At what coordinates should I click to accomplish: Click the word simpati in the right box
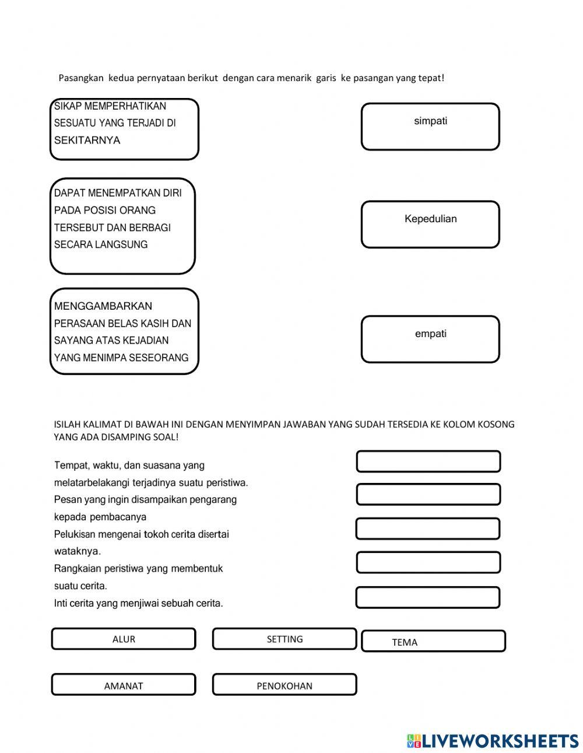tap(430, 121)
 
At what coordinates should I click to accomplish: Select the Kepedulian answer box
tap(430, 224)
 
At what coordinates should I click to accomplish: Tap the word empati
tap(430, 334)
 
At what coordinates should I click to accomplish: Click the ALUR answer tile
tap(124, 639)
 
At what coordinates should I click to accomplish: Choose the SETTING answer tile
tap(285, 639)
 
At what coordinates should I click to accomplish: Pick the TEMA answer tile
tap(433, 641)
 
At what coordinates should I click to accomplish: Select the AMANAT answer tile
tap(124, 685)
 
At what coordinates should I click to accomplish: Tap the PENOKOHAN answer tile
tap(285, 685)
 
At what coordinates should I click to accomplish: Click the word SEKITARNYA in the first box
tap(87, 140)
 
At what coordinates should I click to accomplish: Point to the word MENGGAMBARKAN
tap(103, 306)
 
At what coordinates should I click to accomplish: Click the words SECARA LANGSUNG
tap(101, 245)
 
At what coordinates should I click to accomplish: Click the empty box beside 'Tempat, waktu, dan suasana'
tap(429, 461)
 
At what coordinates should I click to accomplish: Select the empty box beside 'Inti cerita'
tap(428, 597)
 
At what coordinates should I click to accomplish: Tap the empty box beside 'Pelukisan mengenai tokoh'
tap(428, 528)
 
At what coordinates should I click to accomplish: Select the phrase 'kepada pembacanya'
tap(100, 517)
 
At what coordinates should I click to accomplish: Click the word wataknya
tap(77, 551)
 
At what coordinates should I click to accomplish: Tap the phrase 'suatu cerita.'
tap(80, 586)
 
